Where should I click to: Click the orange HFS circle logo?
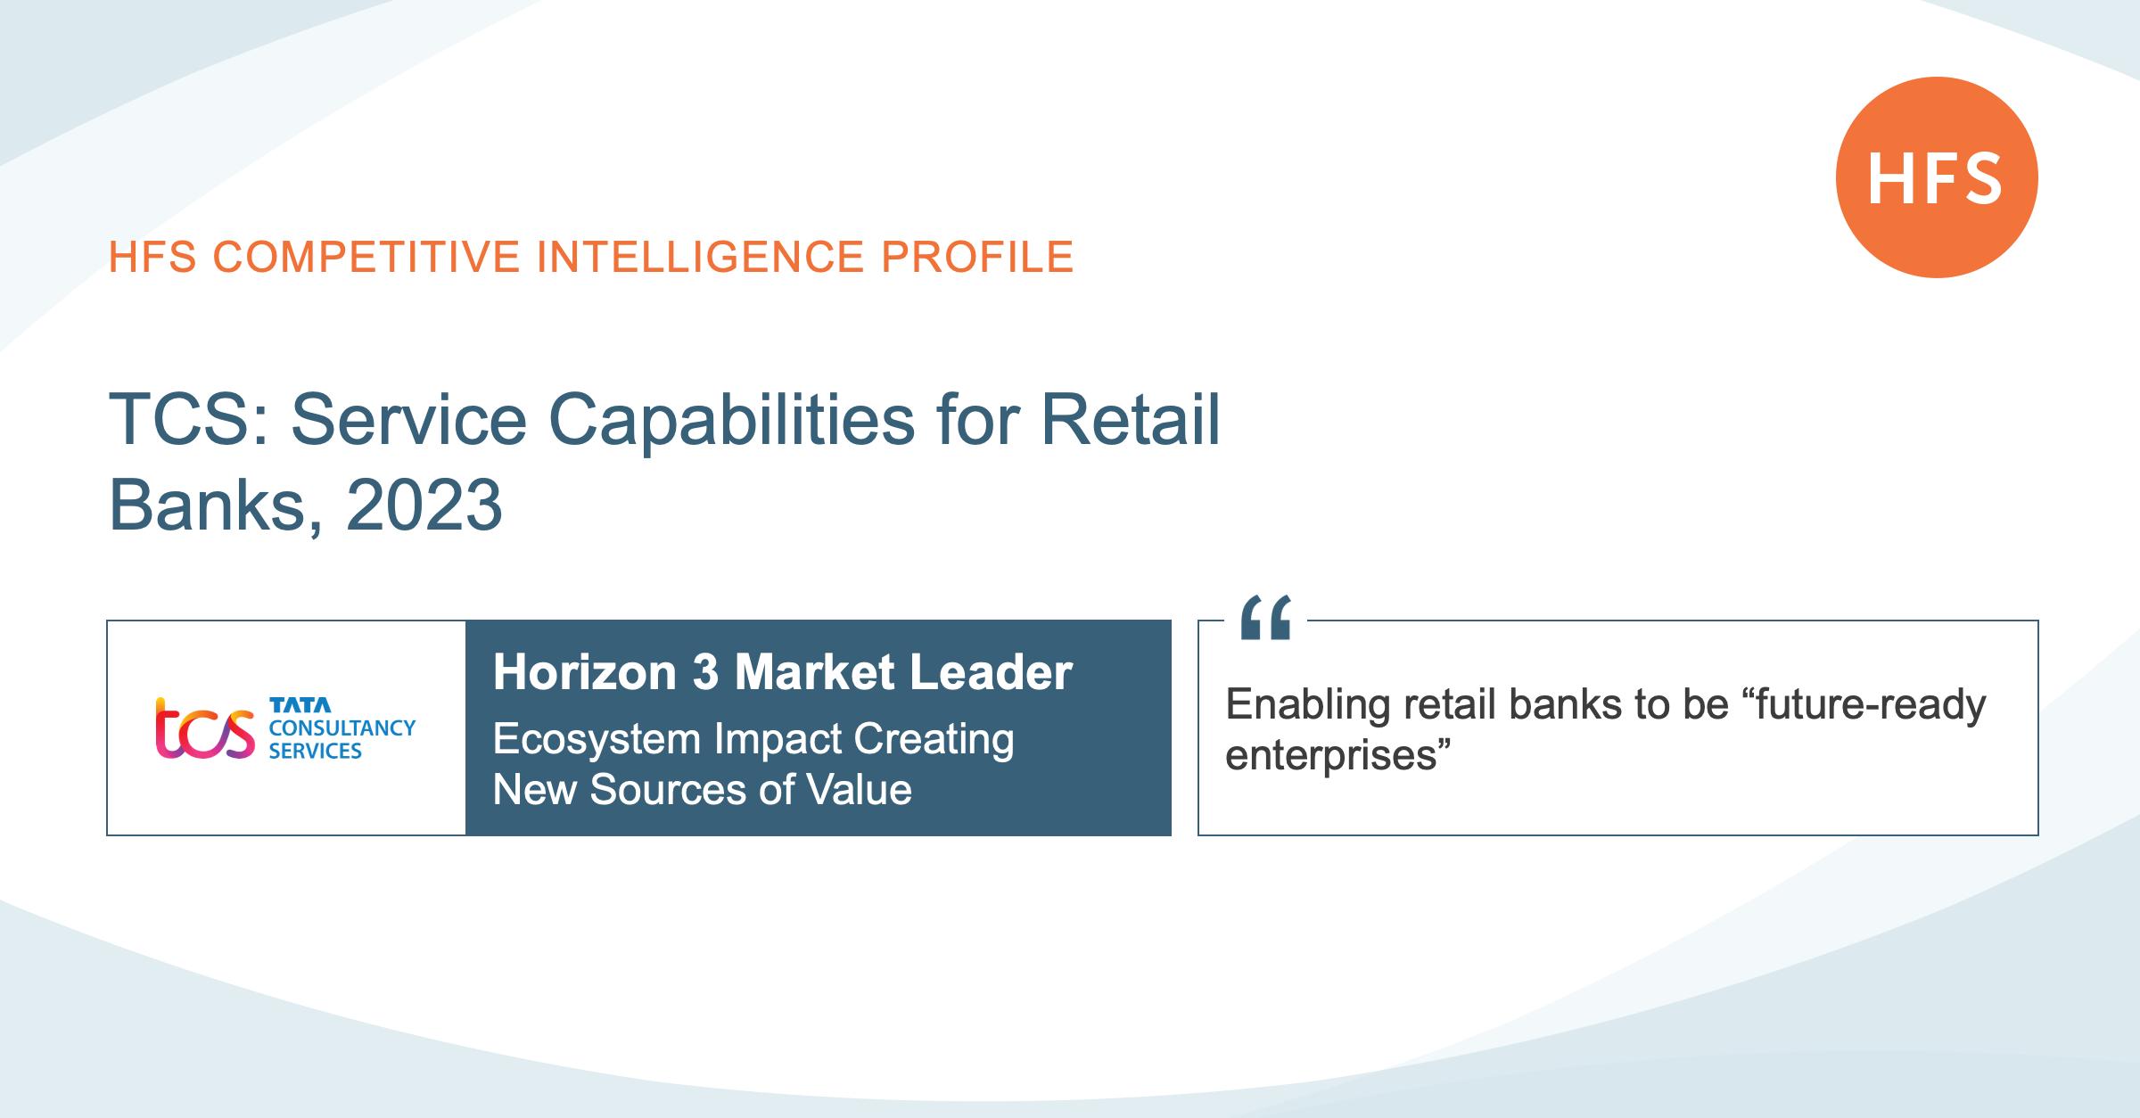click(1937, 177)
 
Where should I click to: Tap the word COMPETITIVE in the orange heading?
click(366, 258)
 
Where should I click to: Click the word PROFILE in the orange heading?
click(977, 258)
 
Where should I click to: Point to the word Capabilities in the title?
click(731, 420)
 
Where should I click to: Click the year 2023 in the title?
click(424, 505)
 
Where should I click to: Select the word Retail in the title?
click(1131, 419)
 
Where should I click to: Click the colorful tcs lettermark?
click(205, 728)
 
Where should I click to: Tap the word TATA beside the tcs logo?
click(300, 705)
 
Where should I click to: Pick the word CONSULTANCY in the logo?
click(342, 728)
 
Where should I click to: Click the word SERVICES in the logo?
click(316, 752)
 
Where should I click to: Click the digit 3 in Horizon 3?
click(705, 672)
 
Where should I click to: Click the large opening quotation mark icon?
click(1266, 617)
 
